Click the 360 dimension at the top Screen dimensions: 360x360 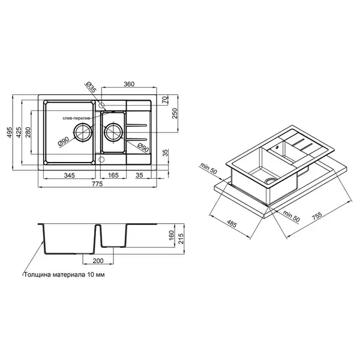click(129, 84)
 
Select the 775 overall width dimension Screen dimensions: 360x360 click(97, 184)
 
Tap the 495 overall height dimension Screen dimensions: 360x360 click(10, 132)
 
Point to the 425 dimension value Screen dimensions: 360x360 click(19, 132)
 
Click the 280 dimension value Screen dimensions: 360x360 click(28, 132)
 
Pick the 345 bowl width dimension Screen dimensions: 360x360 click(70, 175)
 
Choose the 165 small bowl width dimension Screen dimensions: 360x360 click(113, 175)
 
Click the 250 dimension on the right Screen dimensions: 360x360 click(175, 113)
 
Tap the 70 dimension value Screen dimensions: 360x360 click(166, 100)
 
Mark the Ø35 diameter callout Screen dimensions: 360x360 click(91, 87)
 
